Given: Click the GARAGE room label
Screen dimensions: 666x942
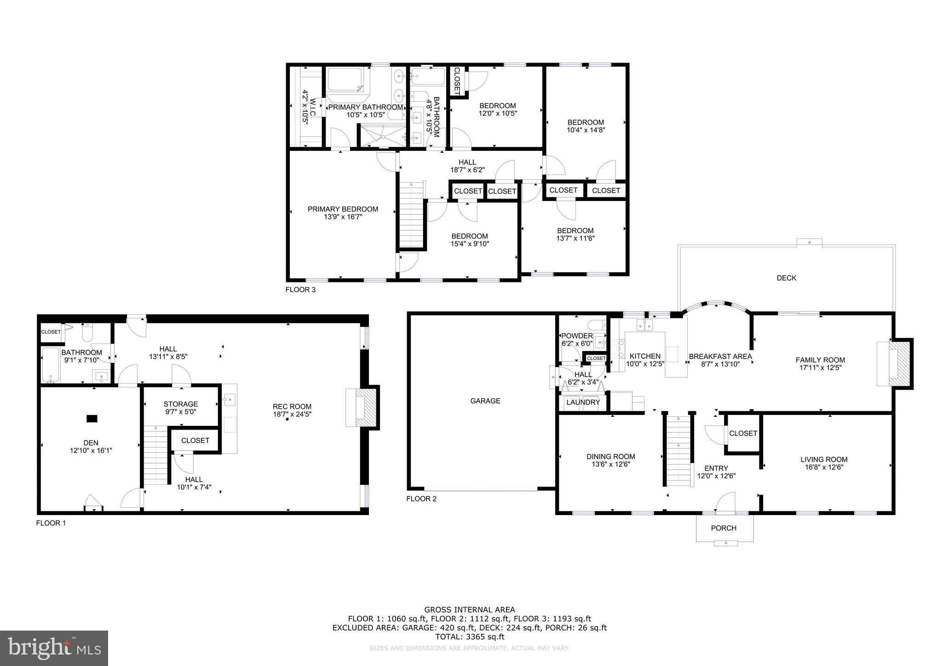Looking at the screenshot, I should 485,401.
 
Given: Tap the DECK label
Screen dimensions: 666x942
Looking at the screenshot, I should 786,278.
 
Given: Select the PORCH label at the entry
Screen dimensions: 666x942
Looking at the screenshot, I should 724,528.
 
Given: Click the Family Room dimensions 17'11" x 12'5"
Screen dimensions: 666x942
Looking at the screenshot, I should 820,367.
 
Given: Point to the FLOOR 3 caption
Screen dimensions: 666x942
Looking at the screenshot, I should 300,290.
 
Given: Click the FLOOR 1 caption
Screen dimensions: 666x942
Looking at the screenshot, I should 51,523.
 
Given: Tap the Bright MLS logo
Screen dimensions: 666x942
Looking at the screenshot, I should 54,648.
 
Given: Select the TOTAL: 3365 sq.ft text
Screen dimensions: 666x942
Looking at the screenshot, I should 469,637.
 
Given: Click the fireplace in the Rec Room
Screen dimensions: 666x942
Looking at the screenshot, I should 362,408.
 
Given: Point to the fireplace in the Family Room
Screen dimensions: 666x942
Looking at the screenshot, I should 893,363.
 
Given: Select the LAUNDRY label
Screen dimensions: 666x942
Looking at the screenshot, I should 583,402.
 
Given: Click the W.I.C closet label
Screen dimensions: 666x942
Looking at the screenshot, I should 308,109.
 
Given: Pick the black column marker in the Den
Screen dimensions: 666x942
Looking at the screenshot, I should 92,419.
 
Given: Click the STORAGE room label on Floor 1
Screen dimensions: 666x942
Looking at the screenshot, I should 180,404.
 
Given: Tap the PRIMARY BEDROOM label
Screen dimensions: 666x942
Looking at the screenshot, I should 343,209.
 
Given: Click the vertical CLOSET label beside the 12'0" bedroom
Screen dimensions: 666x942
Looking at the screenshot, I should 457,81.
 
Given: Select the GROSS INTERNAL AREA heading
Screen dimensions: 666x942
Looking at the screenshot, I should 469,610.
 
